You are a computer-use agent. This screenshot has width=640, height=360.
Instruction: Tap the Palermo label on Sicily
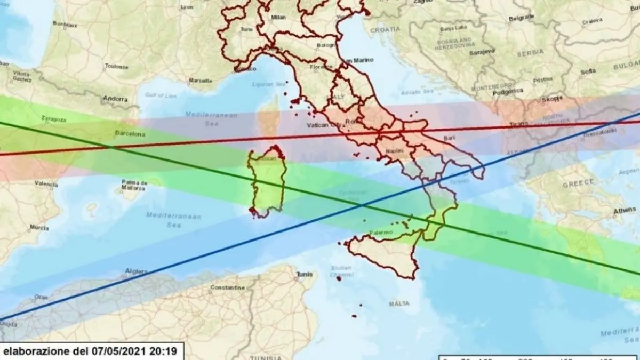381,233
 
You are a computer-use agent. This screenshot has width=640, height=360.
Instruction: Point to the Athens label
625,211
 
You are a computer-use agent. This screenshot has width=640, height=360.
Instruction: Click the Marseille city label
200,81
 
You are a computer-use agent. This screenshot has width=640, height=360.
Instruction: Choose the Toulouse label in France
117,67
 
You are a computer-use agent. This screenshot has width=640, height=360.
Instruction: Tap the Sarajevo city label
482,52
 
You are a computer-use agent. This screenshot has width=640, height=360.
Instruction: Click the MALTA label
399,303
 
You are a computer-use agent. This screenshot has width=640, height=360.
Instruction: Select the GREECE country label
578,182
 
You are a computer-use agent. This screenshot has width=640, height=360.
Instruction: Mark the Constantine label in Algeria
227,287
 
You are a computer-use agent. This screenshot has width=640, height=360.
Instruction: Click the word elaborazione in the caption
36,351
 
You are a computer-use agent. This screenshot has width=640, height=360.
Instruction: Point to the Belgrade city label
521,18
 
